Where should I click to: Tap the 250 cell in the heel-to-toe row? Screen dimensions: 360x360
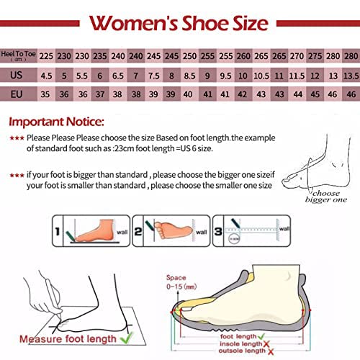189,53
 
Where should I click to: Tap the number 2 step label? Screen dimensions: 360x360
140,230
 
